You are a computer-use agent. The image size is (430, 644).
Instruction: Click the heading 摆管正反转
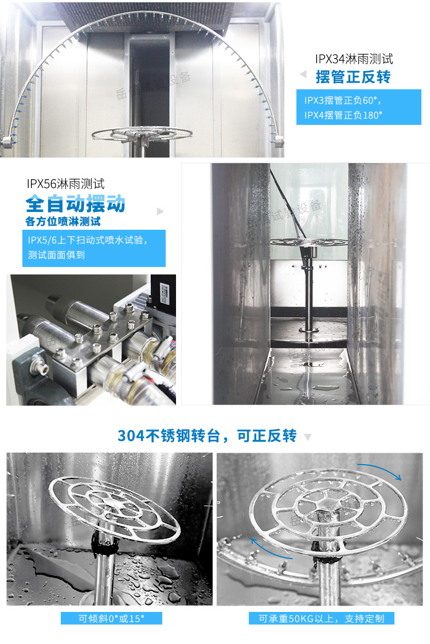tap(353, 77)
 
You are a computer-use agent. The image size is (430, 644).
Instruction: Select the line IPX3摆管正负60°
tap(342, 100)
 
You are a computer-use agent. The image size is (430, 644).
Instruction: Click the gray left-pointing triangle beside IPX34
tap(303, 74)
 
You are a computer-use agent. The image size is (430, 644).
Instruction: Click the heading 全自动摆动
tap(75, 203)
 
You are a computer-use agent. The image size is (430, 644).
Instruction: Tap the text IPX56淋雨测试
tap(65, 184)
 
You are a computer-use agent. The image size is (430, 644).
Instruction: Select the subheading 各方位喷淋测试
tap(67, 221)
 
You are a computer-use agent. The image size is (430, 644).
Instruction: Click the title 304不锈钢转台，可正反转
tap(207, 436)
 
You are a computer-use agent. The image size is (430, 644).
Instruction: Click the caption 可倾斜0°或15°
tap(112, 618)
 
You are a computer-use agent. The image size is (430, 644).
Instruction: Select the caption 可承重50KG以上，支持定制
tap(321, 618)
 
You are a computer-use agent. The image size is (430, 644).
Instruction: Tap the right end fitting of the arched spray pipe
tap(279, 140)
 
